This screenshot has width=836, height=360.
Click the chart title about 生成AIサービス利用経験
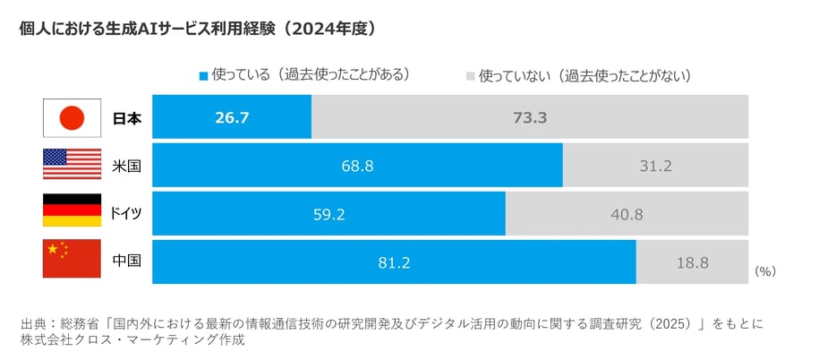pos(196,29)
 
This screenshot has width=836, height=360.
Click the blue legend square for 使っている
pos(203,75)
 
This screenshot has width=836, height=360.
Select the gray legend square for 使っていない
pos(470,75)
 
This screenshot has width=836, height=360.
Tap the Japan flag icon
pos(72,117)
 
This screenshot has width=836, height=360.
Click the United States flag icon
pos(72,166)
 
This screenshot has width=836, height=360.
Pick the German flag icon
pos(72,214)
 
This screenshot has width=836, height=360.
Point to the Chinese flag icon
pos(72,261)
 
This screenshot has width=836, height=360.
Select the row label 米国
pos(126,166)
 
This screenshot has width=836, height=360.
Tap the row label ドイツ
pos(126,214)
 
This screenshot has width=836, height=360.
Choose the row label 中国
pos(126,261)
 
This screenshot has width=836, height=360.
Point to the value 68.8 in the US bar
pos(357,166)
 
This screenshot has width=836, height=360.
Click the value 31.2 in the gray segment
pos(655,166)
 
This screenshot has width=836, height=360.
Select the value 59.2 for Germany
pos(328,214)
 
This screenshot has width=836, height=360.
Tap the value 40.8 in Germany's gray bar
pos(627,214)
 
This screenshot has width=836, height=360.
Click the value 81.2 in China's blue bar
pos(394,262)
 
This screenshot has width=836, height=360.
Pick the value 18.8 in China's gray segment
pos(692,262)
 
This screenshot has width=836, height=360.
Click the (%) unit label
pos(765,270)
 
